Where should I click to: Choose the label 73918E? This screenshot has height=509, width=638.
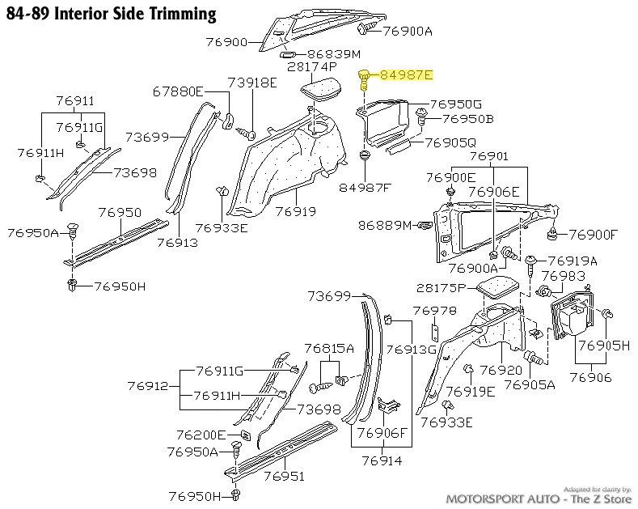[x=251, y=83]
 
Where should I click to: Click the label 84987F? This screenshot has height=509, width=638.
[x=365, y=189]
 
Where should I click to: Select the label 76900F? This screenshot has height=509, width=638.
[x=593, y=235]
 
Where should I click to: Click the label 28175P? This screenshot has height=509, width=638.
[x=442, y=288]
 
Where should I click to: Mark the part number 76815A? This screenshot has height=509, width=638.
[x=329, y=348]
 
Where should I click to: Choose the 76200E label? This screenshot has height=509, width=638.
[x=201, y=435]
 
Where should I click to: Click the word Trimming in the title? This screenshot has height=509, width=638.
[x=176, y=13]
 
